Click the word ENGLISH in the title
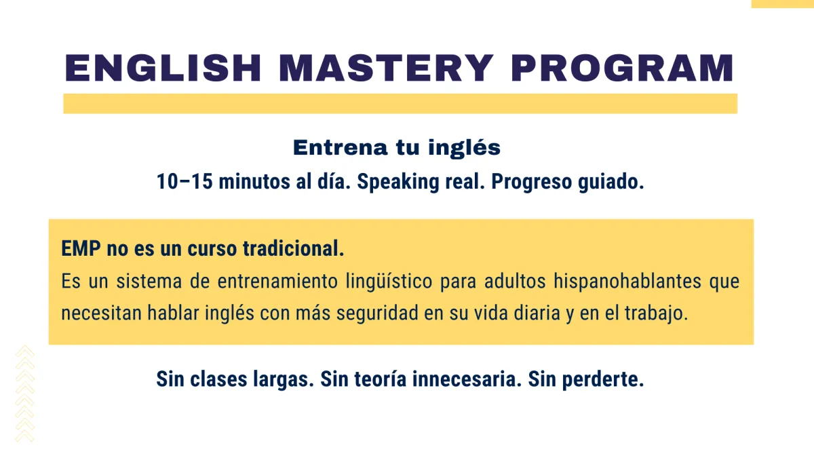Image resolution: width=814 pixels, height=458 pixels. coord(163,68)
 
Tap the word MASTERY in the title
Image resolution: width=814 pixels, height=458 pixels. coord(386,68)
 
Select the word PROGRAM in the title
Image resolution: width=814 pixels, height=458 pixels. coord(622,68)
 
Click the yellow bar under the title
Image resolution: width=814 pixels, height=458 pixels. coord(400,104)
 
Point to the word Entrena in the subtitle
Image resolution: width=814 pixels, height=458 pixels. coord(341,148)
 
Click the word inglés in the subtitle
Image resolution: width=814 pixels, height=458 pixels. coord(465,148)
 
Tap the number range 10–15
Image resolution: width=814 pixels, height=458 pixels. coord(185,181)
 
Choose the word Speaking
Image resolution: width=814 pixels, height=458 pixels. coord(398,182)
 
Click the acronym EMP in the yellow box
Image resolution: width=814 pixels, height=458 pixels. coord(81,248)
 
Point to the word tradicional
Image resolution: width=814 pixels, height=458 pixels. coord(293,248)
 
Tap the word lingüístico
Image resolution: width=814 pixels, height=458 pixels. coord(389,282)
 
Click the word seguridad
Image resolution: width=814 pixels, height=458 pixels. coord(377,313)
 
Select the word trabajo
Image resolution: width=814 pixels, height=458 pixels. coord(657,313)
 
